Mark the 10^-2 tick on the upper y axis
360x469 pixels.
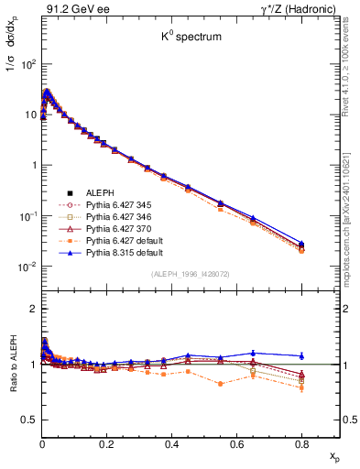pos(27,267)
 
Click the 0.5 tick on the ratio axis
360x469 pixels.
pos(29,420)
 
